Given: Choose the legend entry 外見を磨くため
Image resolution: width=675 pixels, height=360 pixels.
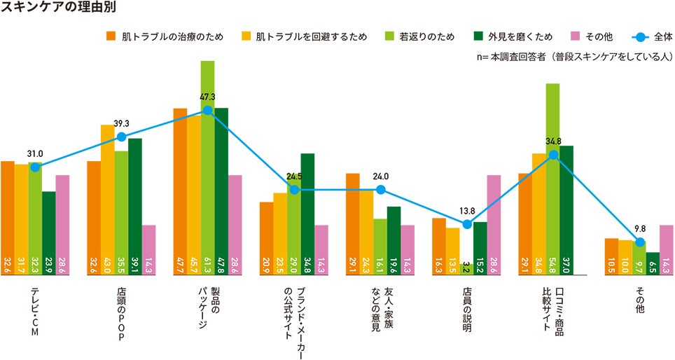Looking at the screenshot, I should tap(509, 36).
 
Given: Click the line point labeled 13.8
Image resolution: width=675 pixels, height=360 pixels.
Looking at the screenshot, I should tap(466, 224).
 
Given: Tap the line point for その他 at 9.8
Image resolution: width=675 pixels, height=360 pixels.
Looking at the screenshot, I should tap(639, 243).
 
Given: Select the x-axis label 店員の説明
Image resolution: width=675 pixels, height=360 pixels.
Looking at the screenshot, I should tap(466, 308).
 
